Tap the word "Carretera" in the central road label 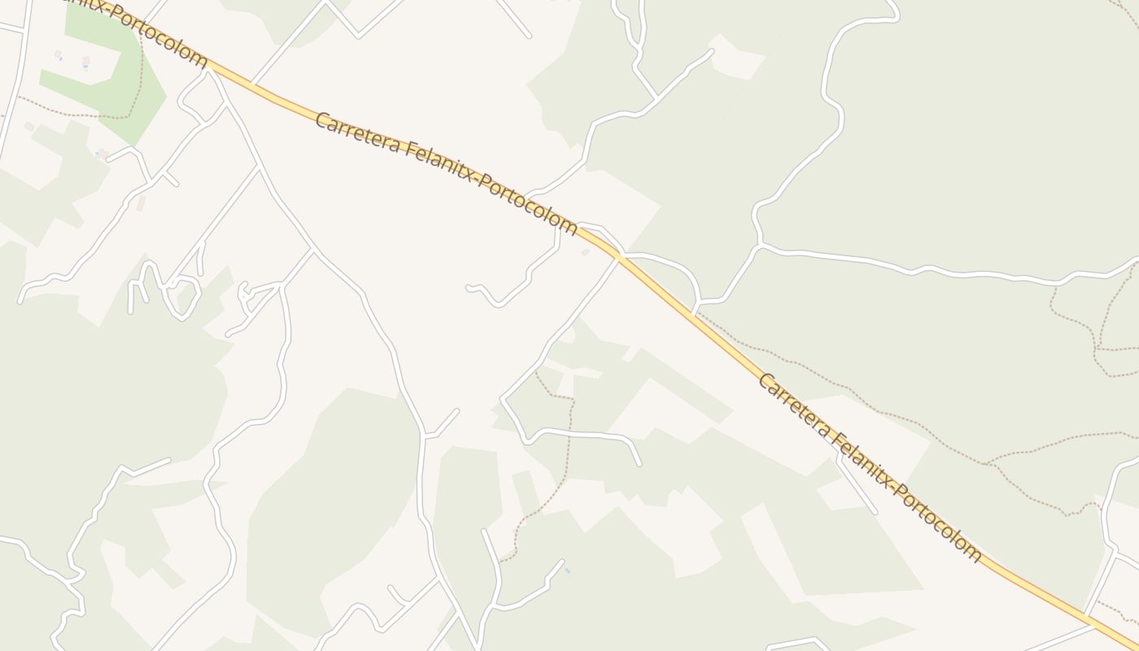click(356, 135)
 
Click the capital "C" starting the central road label click(321, 120)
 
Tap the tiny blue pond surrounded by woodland click(567, 571)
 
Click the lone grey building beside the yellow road click(585, 252)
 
